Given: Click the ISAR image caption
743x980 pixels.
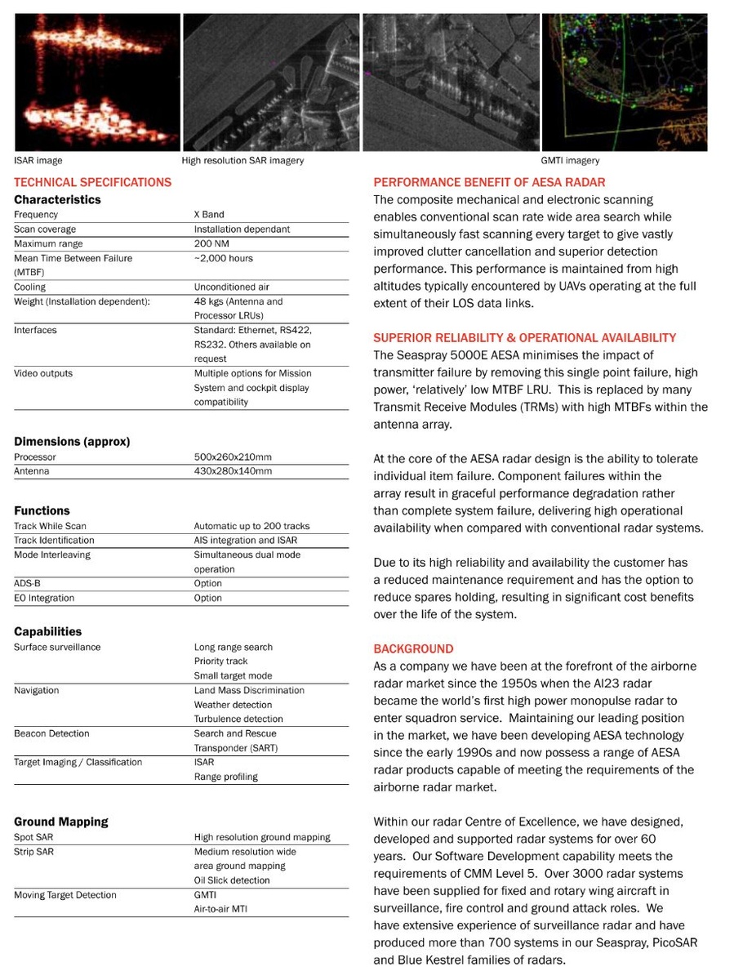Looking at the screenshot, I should [x=38, y=161].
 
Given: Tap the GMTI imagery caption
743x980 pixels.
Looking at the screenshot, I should [x=570, y=161].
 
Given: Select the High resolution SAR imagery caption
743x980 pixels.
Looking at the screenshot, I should [x=242, y=161].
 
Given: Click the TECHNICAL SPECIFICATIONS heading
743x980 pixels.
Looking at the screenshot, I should [x=93, y=182].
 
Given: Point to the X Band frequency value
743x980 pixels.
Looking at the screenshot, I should [x=209, y=215].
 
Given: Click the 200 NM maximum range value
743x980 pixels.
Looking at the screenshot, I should [x=211, y=244].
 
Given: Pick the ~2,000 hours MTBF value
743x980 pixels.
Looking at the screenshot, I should [x=223, y=259].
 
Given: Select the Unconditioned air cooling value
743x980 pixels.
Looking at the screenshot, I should [x=231, y=287].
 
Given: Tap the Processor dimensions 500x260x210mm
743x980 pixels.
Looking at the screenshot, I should [x=233, y=457].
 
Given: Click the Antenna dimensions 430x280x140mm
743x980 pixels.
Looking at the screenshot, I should [x=233, y=471].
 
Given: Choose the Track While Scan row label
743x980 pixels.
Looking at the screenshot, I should [x=50, y=527].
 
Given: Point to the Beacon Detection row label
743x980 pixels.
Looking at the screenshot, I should [x=51, y=734].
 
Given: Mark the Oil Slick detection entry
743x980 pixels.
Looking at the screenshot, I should [x=232, y=880].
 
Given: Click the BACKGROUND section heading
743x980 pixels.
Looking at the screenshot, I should [x=413, y=649].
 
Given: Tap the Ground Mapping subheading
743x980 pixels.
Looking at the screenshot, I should [x=61, y=822].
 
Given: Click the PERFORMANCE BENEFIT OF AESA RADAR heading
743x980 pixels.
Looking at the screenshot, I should [x=489, y=182].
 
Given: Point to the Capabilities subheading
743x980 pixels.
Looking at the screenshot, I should [x=48, y=631].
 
